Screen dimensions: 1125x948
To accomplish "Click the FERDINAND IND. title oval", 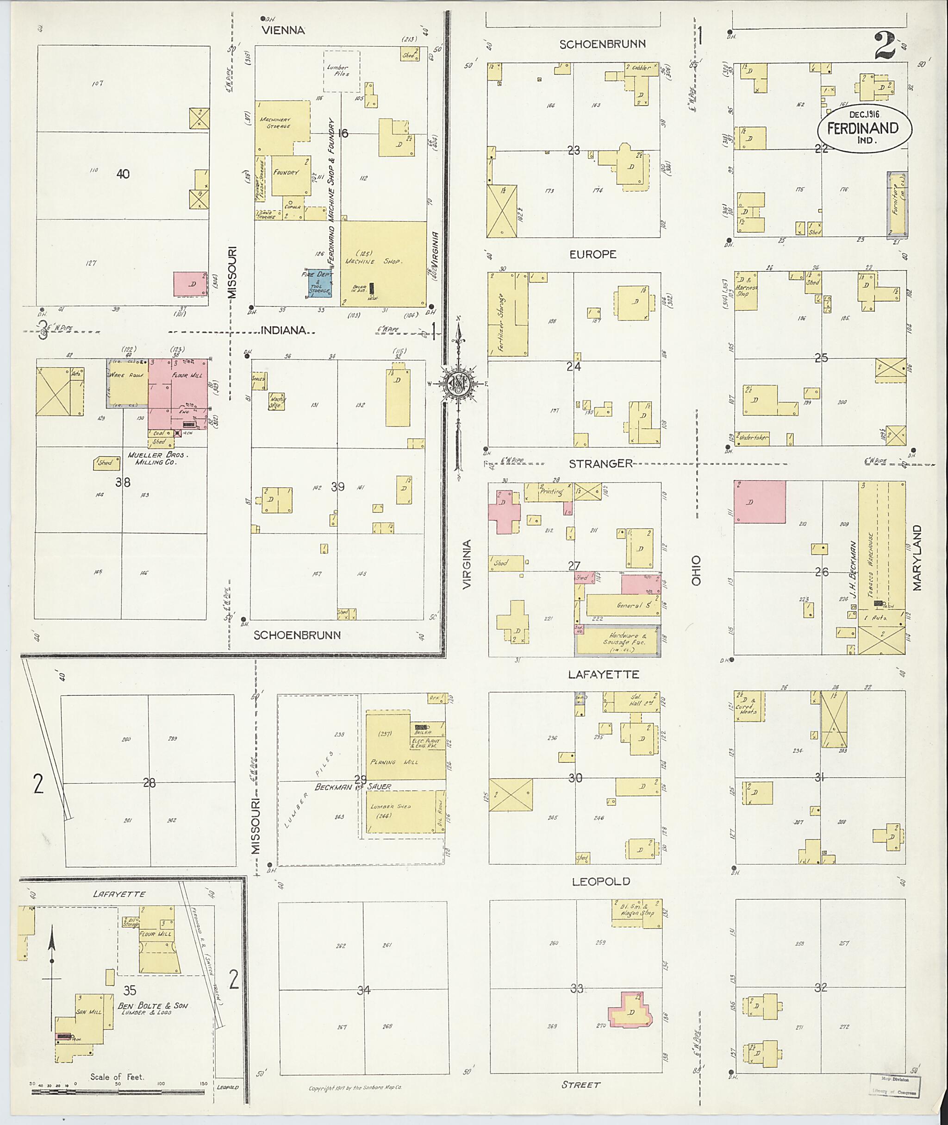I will tap(864, 128).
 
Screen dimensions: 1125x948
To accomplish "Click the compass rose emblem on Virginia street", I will tap(458, 383).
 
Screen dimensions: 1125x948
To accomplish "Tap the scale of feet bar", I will tap(118, 1092).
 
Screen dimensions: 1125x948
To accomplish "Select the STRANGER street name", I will tap(600, 464).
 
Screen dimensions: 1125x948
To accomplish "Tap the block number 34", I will tap(364, 989).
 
